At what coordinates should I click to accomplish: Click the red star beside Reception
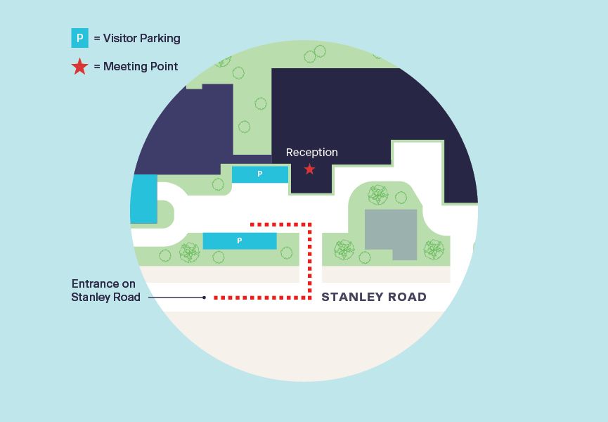pyautogui.click(x=309, y=169)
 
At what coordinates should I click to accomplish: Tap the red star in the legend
pyautogui.click(x=79, y=67)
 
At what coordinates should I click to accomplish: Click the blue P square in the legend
pyautogui.click(x=79, y=38)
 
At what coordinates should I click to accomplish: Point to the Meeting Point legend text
pyautogui.click(x=141, y=67)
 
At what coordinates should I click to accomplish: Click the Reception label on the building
pyautogui.click(x=311, y=153)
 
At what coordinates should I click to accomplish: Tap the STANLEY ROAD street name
pyautogui.click(x=374, y=297)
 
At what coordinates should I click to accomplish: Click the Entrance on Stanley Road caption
pyautogui.click(x=105, y=290)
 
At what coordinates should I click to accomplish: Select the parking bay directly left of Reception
pyautogui.click(x=260, y=174)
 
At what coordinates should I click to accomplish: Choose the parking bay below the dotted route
pyautogui.click(x=240, y=241)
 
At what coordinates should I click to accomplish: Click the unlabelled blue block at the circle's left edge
pyautogui.click(x=143, y=199)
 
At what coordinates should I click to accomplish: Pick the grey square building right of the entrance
pyautogui.click(x=391, y=234)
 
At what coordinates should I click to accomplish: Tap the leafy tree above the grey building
pyautogui.click(x=378, y=195)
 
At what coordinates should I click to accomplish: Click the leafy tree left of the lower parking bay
pyautogui.click(x=190, y=251)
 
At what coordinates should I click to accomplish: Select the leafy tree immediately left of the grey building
pyautogui.click(x=344, y=249)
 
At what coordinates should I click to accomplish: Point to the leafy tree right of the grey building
pyautogui.click(x=434, y=249)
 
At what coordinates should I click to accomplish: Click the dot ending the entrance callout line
pyautogui.click(x=204, y=298)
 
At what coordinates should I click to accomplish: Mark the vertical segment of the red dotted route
pyautogui.click(x=309, y=260)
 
